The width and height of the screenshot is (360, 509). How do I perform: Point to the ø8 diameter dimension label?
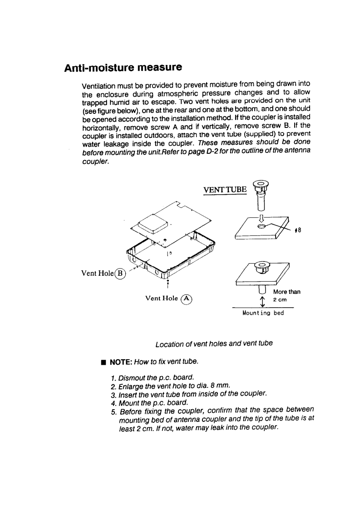pyautogui.click(x=298, y=230)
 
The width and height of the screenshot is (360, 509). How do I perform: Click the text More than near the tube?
pyautogui.click(x=287, y=292)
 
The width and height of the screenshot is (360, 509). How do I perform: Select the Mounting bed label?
pyautogui.click(x=264, y=313)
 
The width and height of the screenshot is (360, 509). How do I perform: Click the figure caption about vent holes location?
pyautogui.click(x=214, y=343)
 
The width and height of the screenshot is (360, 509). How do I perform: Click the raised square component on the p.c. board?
pyautogui.click(x=153, y=222)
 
